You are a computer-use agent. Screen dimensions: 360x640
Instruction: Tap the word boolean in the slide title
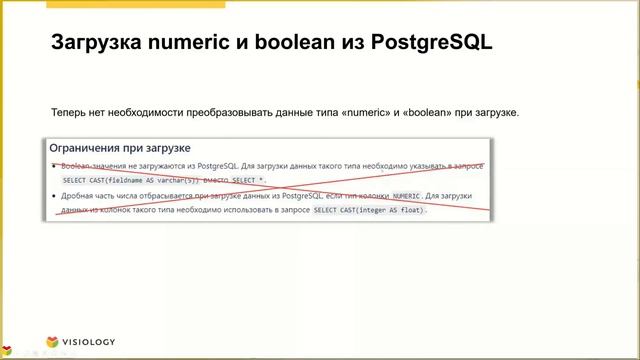point(296,44)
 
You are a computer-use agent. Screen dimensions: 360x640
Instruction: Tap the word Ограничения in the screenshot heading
point(98,148)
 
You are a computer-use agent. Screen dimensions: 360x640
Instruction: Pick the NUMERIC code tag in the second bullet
point(406,196)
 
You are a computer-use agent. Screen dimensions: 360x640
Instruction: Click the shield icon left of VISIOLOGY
point(57,341)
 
